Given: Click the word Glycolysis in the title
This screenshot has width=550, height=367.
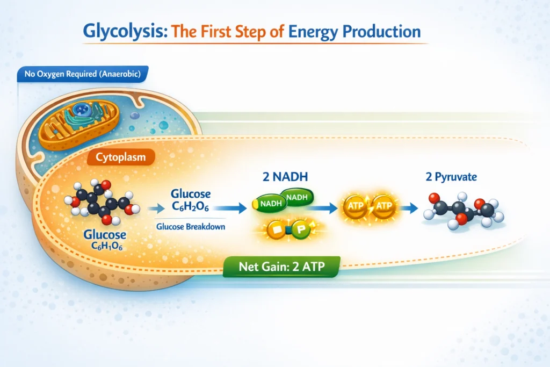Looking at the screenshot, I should click(120, 31).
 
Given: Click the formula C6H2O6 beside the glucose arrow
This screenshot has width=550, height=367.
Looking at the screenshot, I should click(191, 208).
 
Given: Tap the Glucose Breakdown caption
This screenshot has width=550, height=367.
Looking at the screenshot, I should click(191, 227).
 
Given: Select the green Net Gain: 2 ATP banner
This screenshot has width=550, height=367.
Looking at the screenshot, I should click(283, 265).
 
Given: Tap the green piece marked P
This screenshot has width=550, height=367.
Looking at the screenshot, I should click(301, 231).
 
